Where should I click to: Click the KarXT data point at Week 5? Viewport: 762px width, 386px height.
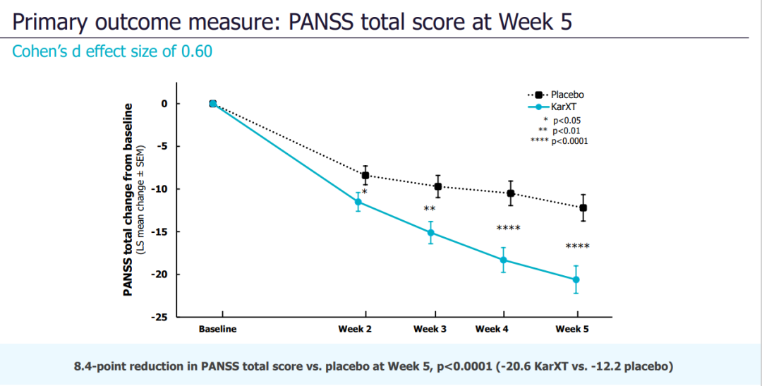click(576, 280)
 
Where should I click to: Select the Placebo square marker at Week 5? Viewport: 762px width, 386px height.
click(583, 207)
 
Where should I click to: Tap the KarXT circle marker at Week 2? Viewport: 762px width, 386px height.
click(358, 203)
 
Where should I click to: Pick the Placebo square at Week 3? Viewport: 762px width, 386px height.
click(438, 186)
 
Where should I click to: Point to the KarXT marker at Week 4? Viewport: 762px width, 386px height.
click(504, 260)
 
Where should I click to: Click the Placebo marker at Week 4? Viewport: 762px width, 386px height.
click(511, 193)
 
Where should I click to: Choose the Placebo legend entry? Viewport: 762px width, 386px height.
click(567, 95)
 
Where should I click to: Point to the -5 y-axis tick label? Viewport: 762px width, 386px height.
click(163, 147)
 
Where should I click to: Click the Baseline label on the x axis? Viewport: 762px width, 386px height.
click(217, 330)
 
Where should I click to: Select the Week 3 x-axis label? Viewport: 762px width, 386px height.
click(430, 330)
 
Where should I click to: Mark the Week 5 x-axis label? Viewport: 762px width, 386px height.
click(571, 330)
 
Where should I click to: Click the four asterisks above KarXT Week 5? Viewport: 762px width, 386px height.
click(578, 246)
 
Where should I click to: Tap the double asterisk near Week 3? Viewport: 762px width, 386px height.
click(429, 209)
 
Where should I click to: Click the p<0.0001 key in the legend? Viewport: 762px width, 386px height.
click(570, 141)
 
